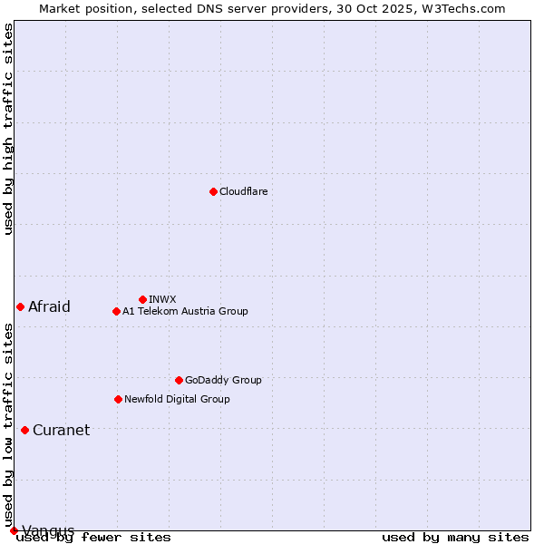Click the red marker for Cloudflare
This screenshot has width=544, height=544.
click(x=213, y=191)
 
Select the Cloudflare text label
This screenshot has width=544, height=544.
click(x=244, y=191)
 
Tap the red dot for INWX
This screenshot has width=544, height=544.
click(x=142, y=299)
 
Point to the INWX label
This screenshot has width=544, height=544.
click(x=162, y=299)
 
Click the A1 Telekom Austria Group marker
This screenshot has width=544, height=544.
click(x=116, y=311)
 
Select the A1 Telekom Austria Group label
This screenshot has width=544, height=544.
click(x=185, y=311)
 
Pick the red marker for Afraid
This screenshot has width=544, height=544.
click(x=20, y=306)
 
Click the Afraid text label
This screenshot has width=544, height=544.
click(x=49, y=306)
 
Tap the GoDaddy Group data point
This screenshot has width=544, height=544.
click(x=179, y=380)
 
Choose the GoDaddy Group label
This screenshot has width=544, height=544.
click(x=223, y=380)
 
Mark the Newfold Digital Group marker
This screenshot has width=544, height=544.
click(x=118, y=399)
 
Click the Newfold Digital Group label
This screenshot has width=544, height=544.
click(x=177, y=399)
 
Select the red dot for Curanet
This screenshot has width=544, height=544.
click(x=24, y=430)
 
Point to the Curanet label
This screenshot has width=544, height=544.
click(x=61, y=430)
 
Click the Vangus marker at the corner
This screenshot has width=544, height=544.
click(x=14, y=530)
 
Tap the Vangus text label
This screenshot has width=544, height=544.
click(x=48, y=530)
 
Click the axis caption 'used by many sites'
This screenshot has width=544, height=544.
click(x=455, y=538)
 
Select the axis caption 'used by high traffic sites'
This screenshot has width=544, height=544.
click(x=9, y=129)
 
